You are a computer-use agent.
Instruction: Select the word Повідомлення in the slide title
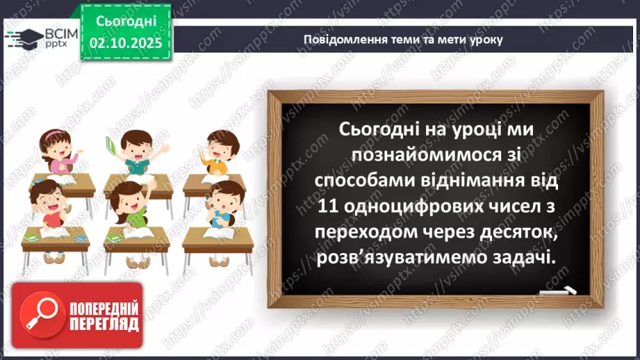tap(339, 40)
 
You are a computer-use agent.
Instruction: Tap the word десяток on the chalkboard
tap(516, 231)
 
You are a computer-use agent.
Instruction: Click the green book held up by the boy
tap(109, 144)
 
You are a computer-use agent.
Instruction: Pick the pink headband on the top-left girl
tap(49, 131)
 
